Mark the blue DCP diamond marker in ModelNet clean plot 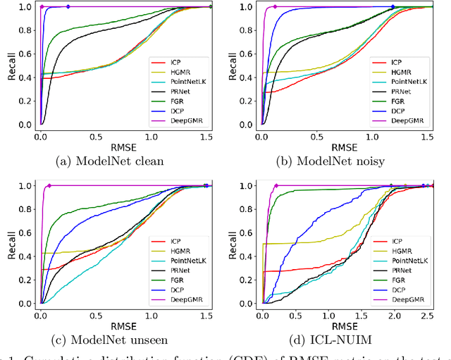68,6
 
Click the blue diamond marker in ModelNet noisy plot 393,6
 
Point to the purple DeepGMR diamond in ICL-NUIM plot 276,186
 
